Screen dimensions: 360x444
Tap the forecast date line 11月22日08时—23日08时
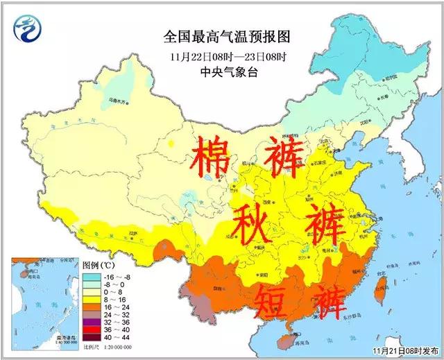coord(216,56)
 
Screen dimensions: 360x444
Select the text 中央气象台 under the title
coord(216,71)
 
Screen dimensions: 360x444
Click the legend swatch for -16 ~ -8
coord(90,275)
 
